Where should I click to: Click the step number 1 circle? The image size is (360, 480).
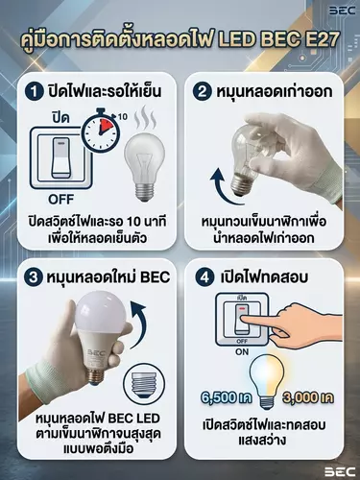[x=34, y=92]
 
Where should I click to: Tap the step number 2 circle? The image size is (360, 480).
[x=203, y=92]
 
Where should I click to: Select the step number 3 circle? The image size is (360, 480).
[x=34, y=276]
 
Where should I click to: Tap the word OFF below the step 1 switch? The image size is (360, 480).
[x=61, y=200]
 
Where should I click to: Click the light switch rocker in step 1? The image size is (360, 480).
[x=61, y=157]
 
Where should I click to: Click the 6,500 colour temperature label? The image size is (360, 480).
[x=227, y=397]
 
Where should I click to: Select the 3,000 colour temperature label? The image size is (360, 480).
[x=308, y=397]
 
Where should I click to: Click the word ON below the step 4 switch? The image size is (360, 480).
[x=242, y=352]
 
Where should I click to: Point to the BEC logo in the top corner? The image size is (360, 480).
[x=343, y=11]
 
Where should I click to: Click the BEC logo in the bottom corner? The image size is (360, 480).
[x=341, y=471]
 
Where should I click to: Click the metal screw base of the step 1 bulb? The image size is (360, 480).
[x=144, y=191]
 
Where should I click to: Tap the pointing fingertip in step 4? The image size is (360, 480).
[x=244, y=318]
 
